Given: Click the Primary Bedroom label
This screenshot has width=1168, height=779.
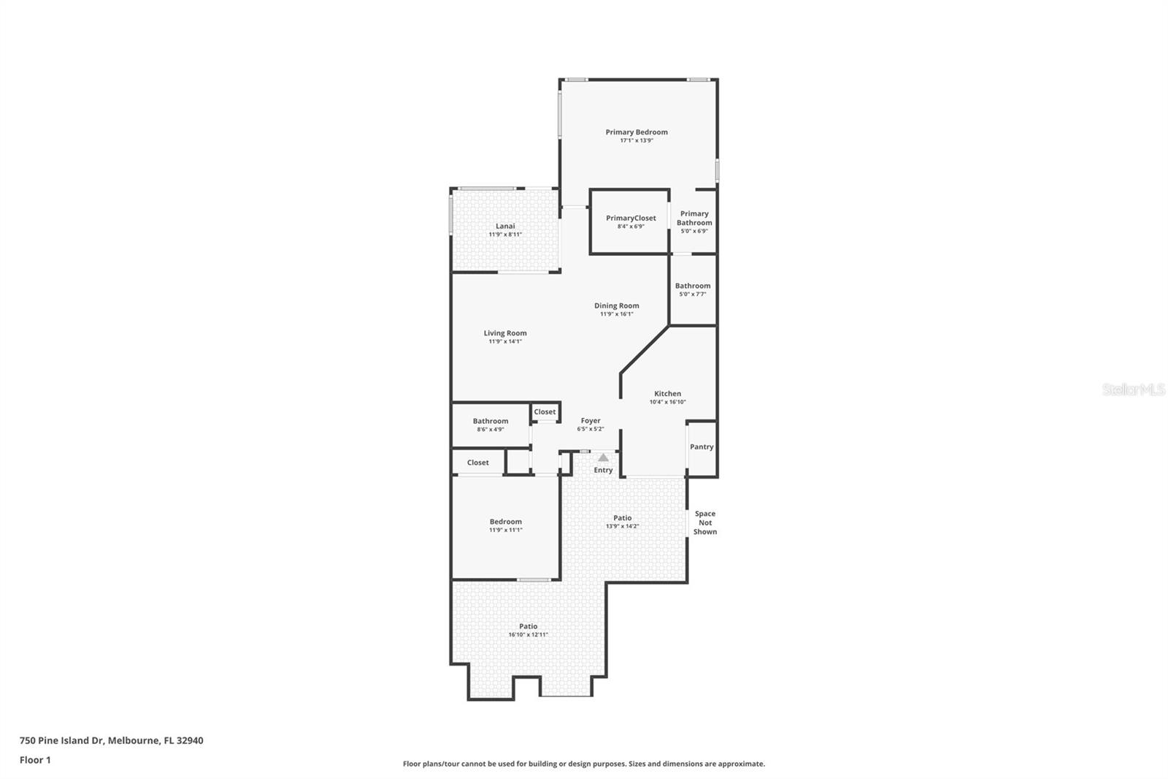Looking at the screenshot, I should pos(636,132).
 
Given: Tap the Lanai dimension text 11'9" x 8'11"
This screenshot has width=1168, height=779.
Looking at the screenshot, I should pos(504,235).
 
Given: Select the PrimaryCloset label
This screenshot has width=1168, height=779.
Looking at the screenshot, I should pos(631,218).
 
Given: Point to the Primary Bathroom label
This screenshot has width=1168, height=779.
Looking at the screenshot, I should pos(693,218).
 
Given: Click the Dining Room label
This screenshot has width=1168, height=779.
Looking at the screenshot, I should pos(616,305).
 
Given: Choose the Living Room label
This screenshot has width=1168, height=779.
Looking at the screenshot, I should pos(504,333).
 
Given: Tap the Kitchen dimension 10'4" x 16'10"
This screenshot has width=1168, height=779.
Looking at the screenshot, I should pos(667,402).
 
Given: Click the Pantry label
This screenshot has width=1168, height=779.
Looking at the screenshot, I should pos(702,446).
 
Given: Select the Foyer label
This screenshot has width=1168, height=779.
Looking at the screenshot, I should pos(590,421).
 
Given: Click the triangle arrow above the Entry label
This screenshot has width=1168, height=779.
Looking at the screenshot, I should pos(603,457).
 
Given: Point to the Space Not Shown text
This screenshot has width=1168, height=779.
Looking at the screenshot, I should pos(704,522).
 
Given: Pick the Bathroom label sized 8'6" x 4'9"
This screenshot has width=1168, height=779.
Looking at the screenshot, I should pos(490,421).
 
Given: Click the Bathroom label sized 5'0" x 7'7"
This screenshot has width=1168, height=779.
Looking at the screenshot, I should pos(692,286).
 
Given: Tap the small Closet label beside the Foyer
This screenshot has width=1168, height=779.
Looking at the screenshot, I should pos(545,412).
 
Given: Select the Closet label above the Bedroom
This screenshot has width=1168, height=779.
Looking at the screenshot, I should pos(477,463).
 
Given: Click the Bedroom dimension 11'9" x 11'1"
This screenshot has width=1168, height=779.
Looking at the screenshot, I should pos(505,530).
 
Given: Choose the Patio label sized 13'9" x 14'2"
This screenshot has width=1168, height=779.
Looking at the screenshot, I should pos(622,518).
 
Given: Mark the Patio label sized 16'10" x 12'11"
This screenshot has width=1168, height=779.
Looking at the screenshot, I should pos(528,626).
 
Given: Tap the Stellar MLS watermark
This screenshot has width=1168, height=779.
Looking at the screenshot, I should pos(1133,390).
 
